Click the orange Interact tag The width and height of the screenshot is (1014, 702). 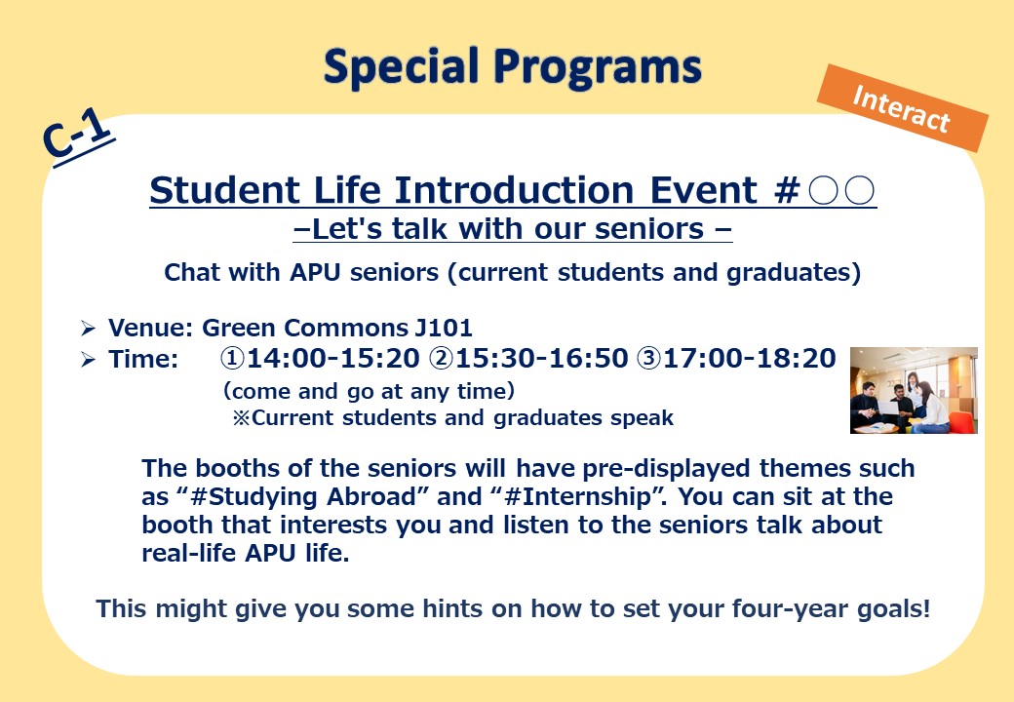[x=903, y=108]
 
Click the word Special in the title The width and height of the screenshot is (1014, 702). [x=402, y=66]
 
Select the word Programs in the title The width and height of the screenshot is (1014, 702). [x=598, y=68]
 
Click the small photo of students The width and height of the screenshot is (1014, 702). [x=914, y=390]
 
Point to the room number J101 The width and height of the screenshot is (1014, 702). [x=444, y=328]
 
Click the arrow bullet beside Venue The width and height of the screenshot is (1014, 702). [x=88, y=329]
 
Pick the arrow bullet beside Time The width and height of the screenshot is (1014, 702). [x=88, y=360]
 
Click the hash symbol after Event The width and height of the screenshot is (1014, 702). [x=787, y=190]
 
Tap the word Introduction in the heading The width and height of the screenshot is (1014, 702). [x=514, y=190]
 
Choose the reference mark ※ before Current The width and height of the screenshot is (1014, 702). [x=241, y=417]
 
